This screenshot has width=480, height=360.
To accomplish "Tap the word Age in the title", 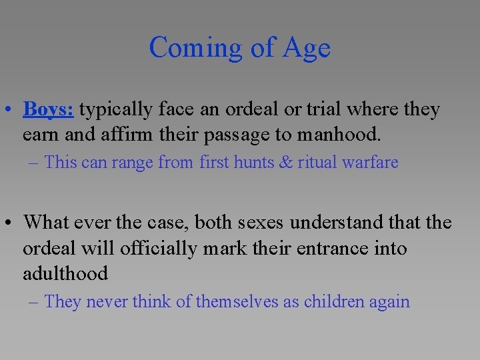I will (x=307, y=48).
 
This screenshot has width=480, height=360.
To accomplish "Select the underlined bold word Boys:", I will (x=48, y=109).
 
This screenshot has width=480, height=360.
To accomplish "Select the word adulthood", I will (x=65, y=273).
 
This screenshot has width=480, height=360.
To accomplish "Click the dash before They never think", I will (x=35, y=301).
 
